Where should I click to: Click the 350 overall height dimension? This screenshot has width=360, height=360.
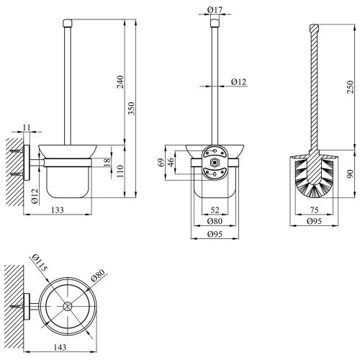tap(132, 109)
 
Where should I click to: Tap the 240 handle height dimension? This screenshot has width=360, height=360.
tap(120, 82)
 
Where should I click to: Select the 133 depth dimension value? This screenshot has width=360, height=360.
tap(58, 210)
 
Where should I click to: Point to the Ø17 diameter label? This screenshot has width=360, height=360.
tap(215, 10)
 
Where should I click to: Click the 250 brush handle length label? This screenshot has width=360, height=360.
tap(351, 87)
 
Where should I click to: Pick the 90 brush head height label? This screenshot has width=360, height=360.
tap(351, 174)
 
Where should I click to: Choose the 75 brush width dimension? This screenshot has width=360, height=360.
tap(314, 210)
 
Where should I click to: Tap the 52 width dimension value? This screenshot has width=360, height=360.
tap(215, 210)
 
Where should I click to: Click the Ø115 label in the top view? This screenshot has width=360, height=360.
tap(40, 262)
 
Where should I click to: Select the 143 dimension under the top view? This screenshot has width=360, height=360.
tap(60, 347)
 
